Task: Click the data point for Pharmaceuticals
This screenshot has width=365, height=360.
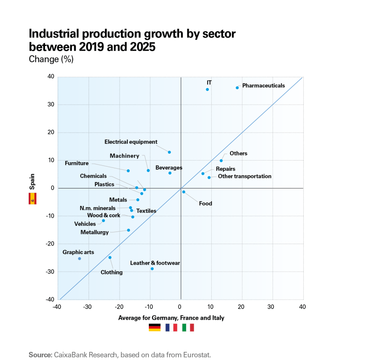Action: (237, 88)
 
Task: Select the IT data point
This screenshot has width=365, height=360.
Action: (207, 90)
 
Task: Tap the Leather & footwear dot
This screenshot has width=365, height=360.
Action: (152, 269)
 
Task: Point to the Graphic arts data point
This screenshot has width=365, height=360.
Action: (79, 259)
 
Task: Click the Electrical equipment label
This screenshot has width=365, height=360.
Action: (131, 142)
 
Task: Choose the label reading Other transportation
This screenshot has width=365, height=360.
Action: (245, 176)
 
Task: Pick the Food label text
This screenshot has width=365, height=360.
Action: (205, 204)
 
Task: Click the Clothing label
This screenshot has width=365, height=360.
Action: (112, 272)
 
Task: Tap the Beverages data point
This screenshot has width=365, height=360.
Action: (170, 173)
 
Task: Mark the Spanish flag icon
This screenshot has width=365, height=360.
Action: (32, 199)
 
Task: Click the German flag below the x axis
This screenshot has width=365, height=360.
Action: (155, 328)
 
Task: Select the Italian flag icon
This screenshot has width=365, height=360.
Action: (188, 328)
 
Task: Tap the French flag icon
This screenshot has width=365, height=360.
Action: (171, 328)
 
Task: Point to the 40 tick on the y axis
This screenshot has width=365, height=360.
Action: (51, 77)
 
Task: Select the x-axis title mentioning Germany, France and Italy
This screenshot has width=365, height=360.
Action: (171, 318)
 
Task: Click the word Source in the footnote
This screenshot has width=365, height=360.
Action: (40, 355)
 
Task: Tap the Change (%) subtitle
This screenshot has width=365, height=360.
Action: (51, 59)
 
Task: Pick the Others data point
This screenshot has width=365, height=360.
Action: (221, 161)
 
